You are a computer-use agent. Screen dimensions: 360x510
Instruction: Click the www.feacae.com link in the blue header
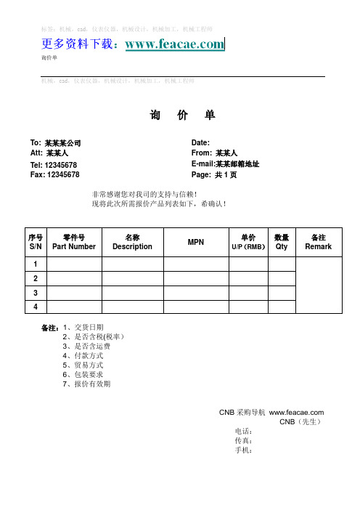(175, 45)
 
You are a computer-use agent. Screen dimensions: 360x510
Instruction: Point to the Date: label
(200, 142)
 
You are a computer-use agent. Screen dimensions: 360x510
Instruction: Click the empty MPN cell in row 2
(196, 278)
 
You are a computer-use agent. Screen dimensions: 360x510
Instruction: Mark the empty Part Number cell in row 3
(74, 292)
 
